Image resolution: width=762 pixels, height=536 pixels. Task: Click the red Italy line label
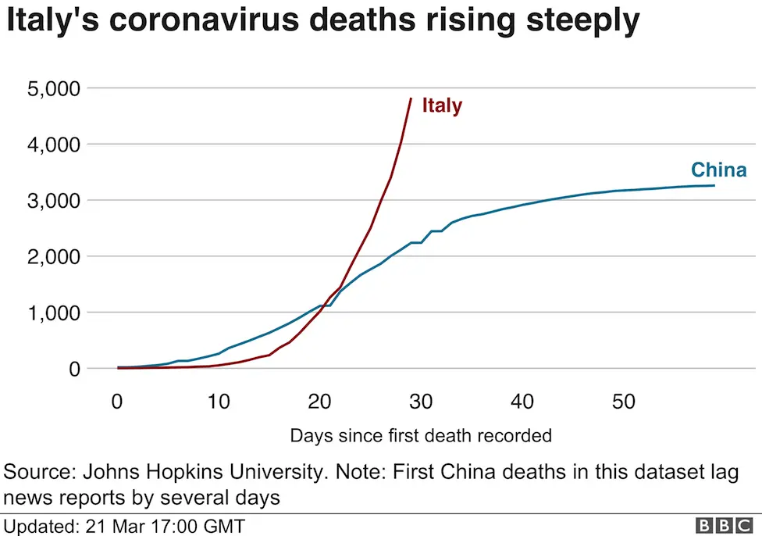click(442, 105)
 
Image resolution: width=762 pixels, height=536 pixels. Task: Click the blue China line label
click(718, 170)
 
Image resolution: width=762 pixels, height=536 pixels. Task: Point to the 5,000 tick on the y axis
click(54, 89)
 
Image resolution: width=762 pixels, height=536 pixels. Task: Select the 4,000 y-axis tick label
click(54, 145)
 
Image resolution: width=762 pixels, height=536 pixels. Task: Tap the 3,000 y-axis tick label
click(54, 201)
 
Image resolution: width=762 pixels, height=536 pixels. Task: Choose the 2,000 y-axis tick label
click(54, 256)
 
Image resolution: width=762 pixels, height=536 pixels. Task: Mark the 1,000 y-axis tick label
click(54, 313)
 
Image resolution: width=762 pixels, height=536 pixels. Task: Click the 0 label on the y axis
click(73, 369)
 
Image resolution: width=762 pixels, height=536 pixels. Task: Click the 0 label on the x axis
click(117, 402)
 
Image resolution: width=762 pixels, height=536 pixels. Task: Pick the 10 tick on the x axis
click(219, 402)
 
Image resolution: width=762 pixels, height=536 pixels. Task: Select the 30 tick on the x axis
click(421, 402)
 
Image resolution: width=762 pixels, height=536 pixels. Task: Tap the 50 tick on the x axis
click(623, 402)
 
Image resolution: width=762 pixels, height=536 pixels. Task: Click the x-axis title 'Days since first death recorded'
click(421, 435)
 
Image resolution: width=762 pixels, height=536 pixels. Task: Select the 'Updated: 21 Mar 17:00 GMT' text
click(125, 525)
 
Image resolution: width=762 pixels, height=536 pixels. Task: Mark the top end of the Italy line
click(411, 98)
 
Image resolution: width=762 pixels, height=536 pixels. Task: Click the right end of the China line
click(714, 185)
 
